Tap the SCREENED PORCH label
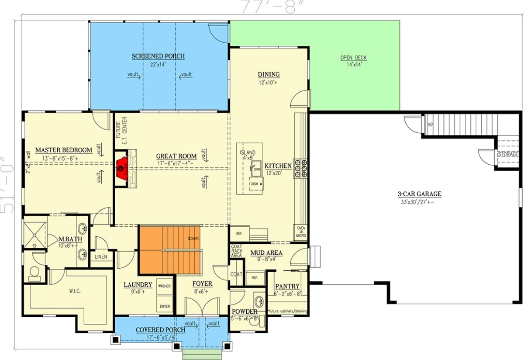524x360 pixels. pos(158,56)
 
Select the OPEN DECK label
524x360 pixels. pos(354,58)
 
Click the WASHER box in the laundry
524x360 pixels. pos(164,286)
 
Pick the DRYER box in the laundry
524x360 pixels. pos(164,306)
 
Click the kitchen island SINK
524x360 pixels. pos(256,168)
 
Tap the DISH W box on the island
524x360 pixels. pos(256,183)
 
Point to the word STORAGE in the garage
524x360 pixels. pos(508,154)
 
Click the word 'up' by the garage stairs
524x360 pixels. pos(430,124)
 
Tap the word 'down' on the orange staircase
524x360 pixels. pos(193,239)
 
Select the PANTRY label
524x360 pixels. pos(287,287)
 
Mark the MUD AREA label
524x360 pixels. pos(266,253)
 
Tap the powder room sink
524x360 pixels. pos(259,301)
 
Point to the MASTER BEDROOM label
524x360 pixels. pos(64,150)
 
